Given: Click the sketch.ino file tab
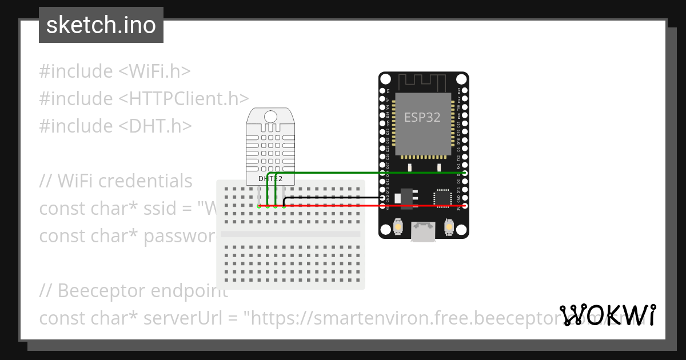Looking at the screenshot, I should click(101, 25).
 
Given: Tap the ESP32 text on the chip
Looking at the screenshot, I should click(422, 117).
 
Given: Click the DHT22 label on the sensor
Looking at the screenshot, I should click(270, 178).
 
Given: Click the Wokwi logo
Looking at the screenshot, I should click(608, 315).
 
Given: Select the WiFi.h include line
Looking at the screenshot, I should click(115, 71).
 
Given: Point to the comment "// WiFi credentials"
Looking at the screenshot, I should click(116, 181).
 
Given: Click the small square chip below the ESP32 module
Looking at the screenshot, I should click(442, 197).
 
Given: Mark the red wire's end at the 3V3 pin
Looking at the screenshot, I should click(465, 206).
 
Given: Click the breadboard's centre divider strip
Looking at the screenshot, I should click(290, 234).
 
